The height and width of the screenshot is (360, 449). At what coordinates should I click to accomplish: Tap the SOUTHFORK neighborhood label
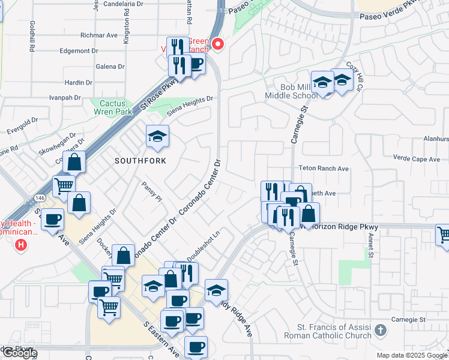[140, 161]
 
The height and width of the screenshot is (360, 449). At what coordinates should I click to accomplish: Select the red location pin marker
[218, 44]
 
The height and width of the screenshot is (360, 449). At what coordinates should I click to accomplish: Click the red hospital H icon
[22, 244]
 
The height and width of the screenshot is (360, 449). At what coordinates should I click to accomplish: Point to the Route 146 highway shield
[40, 197]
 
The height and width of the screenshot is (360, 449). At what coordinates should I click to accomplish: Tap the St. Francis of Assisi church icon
[379, 330]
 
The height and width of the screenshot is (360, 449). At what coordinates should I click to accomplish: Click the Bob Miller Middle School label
[291, 91]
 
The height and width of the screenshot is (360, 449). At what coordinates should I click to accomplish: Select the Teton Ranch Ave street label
[324, 169]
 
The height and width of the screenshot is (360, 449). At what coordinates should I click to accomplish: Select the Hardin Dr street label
[77, 82]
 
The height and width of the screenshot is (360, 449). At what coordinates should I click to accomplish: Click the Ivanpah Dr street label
[65, 97]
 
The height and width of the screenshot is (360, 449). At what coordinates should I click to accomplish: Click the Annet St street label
[370, 244]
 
